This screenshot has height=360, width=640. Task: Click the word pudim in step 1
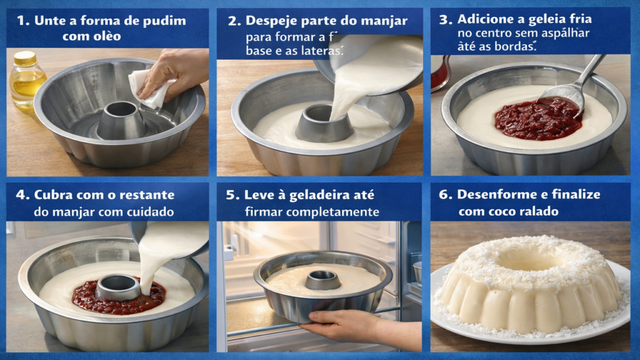click(165, 21)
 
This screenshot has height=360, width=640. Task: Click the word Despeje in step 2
click(271, 21)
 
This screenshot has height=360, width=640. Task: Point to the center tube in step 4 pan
click(117, 287)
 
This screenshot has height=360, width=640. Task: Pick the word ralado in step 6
click(537, 212)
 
